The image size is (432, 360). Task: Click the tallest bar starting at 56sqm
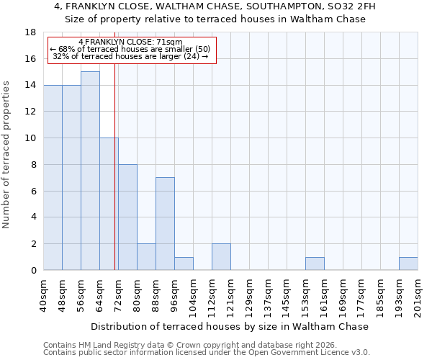tap(90, 171)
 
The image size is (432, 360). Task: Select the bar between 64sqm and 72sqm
tap(109, 204)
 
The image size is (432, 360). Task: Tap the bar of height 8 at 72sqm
tap(127, 217)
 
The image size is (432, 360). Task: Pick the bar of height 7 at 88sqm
tap(165, 224)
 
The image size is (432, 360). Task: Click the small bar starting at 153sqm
tap(315, 264)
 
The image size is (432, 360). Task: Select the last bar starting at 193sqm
tap(408, 264)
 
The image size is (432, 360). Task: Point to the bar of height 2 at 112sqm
tap(221, 257)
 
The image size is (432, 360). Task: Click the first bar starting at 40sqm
tap(53, 177)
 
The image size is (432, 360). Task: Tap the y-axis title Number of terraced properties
tap(7, 154)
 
